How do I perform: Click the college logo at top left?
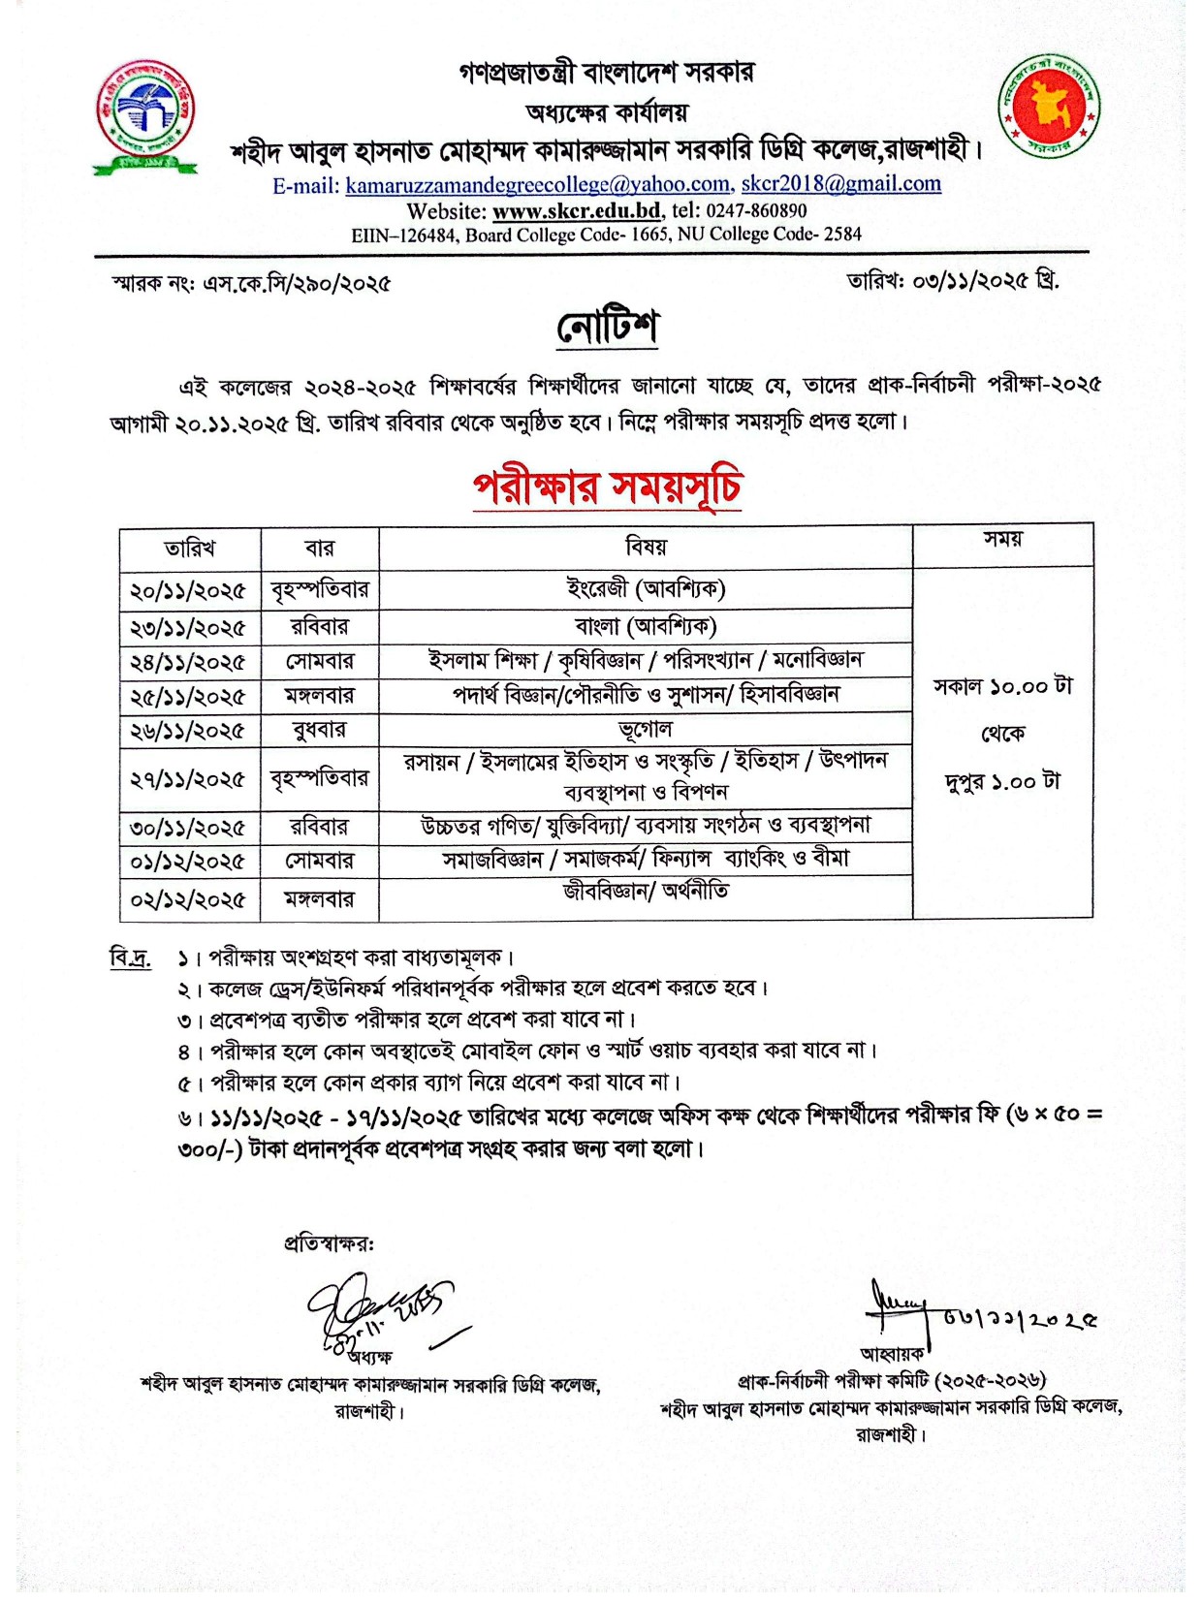point(145,116)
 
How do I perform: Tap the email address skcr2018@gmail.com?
point(840,184)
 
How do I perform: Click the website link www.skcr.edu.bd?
point(577,210)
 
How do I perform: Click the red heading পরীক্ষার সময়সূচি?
point(608,487)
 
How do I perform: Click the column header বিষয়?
point(646,548)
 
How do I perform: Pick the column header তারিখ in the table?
point(190,549)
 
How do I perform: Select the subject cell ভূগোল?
point(646,730)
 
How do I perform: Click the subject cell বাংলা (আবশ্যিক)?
point(646,626)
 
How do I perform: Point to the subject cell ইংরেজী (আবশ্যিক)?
point(646,588)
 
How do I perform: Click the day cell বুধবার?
point(319,730)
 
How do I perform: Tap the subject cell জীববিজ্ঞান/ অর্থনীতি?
point(646,891)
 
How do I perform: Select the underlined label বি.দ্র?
point(130,958)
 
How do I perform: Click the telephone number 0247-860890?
point(756,210)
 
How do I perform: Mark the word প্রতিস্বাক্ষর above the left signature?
point(329,1243)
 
